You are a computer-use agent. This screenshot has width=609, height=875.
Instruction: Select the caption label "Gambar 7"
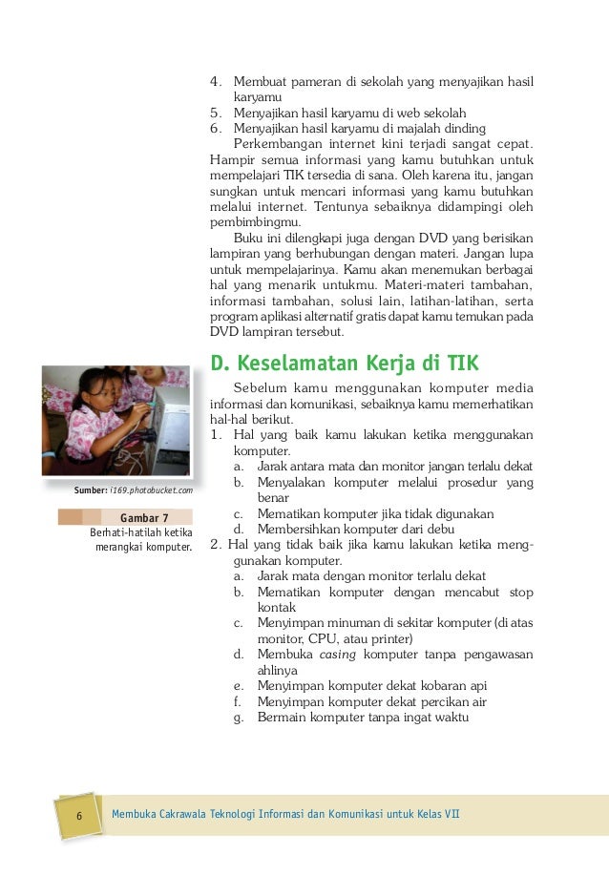point(144,518)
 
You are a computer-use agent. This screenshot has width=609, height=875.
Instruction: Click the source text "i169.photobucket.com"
point(151,490)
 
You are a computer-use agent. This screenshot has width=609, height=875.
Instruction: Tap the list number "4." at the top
point(217,82)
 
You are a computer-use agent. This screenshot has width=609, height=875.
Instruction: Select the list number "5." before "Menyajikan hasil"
point(217,114)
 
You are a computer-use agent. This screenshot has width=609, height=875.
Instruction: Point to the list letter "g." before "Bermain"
point(238,718)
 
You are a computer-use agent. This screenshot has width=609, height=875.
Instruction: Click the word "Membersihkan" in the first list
point(304,530)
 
